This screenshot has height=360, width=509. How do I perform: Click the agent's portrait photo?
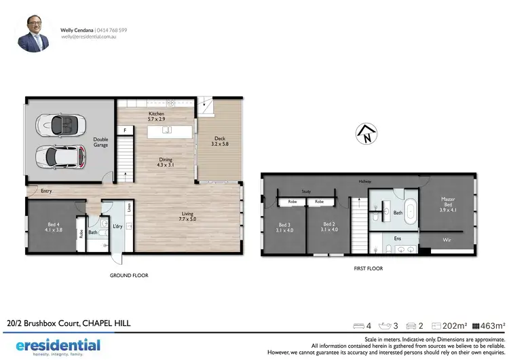[x=33, y=35]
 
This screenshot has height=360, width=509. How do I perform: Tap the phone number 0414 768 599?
[x=114, y=31]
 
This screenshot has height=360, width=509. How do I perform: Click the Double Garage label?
[x=100, y=142]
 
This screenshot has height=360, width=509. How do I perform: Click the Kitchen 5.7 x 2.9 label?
[x=158, y=116]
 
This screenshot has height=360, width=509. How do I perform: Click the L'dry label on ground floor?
[x=117, y=226]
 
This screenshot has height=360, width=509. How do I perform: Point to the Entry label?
[x=46, y=192]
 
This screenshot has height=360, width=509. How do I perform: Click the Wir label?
[x=447, y=240]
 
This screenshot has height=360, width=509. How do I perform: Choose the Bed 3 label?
[x=284, y=227]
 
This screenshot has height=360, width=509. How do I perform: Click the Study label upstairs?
[x=306, y=192]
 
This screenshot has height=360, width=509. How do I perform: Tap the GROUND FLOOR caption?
[x=129, y=276]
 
